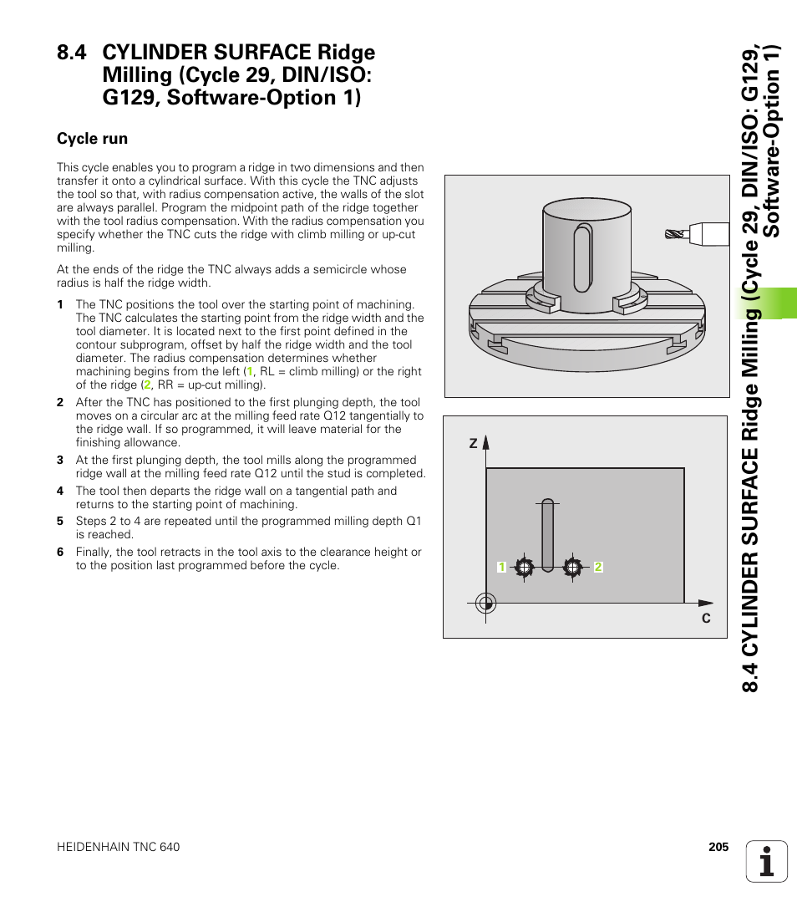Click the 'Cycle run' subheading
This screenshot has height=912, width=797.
click(92, 139)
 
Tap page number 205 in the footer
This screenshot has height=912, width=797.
click(718, 847)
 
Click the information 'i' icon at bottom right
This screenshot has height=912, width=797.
click(767, 861)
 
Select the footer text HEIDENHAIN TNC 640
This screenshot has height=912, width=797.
click(118, 847)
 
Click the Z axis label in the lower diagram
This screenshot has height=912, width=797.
click(473, 444)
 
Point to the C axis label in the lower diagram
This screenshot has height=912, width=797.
click(705, 619)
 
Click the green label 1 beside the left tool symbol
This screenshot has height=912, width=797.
click(501, 567)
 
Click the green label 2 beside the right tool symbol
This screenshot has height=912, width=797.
click(598, 567)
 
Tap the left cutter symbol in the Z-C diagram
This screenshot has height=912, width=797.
click(524, 567)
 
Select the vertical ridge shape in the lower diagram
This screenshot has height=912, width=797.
click(547, 535)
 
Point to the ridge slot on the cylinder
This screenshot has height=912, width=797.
click(582, 258)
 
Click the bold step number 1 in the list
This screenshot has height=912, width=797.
click(60, 305)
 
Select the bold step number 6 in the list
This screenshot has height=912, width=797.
click(60, 552)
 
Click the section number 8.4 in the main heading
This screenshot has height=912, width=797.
click(73, 53)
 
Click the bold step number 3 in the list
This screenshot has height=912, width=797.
click(60, 460)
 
